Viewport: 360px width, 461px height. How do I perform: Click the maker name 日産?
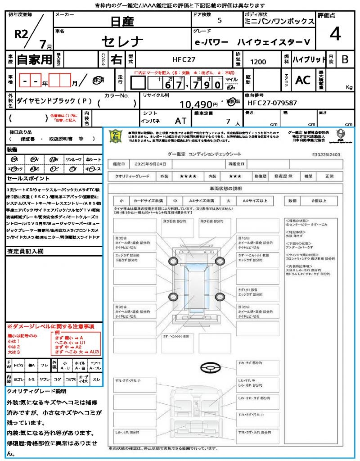coord(122,22)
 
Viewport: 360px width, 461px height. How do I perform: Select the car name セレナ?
coord(122,41)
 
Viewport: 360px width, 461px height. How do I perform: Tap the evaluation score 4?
coord(334,34)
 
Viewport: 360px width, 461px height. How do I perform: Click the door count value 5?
coord(219,21)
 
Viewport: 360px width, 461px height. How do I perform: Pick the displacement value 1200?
coord(258,62)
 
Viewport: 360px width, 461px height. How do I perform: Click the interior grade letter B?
coord(345,59)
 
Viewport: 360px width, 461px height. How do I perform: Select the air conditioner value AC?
coord(303,80)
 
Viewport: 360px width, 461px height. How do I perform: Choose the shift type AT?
coord(180,121)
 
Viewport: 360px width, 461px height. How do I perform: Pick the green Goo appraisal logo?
coord(117,136)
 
